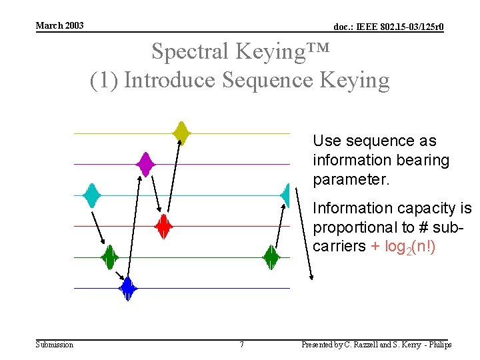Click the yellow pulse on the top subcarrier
[x=181, y=133]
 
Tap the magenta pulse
[x=145, y=163]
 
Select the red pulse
[x=163, y=227]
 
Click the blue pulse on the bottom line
[x=127, y=288]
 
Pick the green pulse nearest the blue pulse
[x=109, y=257]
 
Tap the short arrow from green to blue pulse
[x=120, y=275]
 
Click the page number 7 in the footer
[x=241, y=345]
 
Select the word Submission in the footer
[x=54, y=345]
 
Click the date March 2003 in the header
[x=59, y=25]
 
